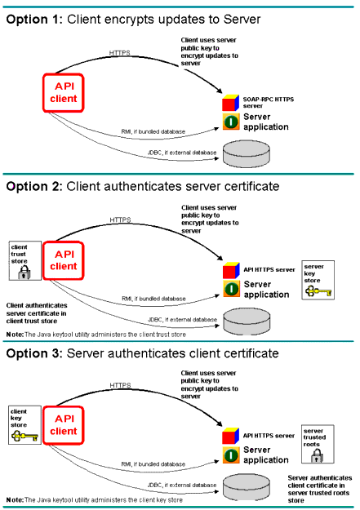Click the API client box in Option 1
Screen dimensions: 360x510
pyautogui.click(x=64, y=93)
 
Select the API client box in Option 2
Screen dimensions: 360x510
pyautogui.click(x=64, y=260)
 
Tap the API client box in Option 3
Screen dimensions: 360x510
pyautogui.click(x=64, y=425)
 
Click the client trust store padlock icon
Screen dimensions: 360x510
pyautogui.click(x=24, y=273)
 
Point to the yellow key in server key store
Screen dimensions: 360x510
pyautogui.click(x=318, y=291)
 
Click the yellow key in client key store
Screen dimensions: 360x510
pyautogui.click(x=24, y=436)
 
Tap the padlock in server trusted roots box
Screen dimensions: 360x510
pyautogui.click(x=317, y=455)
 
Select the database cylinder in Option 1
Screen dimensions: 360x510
pyautogui.click(x=247, y=154)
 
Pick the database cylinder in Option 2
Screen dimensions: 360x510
pyautogui.click(x=247, y=322)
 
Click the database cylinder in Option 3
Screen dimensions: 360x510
pyautogui.click(x=247, y=487)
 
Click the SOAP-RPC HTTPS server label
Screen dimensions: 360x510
pyautogui.click(x=269, y=103)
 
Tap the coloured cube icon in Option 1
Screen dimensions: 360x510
pyautogui.click(x=231, y=103)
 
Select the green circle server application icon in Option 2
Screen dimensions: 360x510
pyautogui.click(x=232, y=289)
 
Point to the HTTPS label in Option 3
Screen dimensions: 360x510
pyautogui.click(x=120, y=385)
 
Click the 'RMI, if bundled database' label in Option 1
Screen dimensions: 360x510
pyautogui.click(x=153, y=131)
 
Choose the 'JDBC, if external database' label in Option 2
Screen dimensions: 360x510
pyautogui.click(x=182, y=319)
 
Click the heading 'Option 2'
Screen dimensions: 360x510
pyautogui.click(x=33, y=186)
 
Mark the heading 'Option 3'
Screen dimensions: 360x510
pyautogui.click(x=33, y=353)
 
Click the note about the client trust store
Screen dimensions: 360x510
pyautogui.click(x=96, y=335)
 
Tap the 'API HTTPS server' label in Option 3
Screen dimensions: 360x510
pyautogui.click(x=269, y=436)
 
